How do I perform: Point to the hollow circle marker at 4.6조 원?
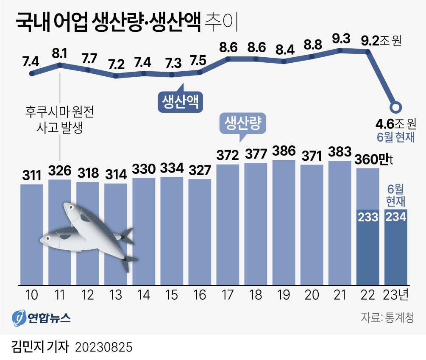coord(396,107)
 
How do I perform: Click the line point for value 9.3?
coord(340,50)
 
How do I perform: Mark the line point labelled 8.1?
coord(60,65)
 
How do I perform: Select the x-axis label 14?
coord(144,295)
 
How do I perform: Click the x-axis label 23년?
coord(396,295)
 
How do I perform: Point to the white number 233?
coord(368,217)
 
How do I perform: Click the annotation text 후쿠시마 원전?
coord(59,112)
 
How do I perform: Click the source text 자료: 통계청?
coord(387,317)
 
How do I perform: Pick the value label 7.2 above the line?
coord(116,64)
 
